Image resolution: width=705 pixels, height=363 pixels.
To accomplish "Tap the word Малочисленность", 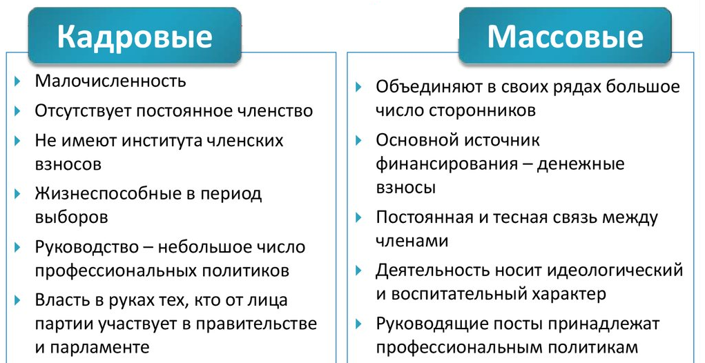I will (x=110, y=81).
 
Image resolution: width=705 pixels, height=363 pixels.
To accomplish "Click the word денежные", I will (x=580, y=164).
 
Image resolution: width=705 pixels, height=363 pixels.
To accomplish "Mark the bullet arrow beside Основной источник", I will (x=358, y=141).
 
